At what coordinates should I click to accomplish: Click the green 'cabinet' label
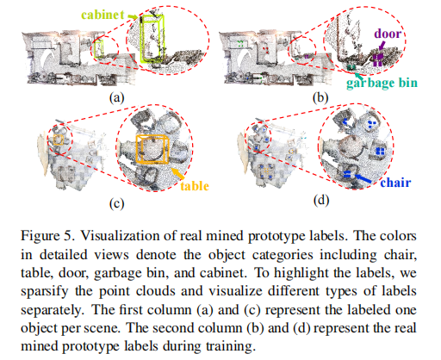pos(102,15)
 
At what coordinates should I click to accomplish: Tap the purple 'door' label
pos(388,34)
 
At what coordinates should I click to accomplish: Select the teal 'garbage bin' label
pos(382,84)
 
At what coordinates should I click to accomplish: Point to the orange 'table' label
pos(195,186)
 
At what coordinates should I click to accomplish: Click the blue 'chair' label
pos(395,183)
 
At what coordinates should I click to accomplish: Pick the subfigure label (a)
pos(116,97)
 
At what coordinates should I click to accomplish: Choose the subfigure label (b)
pos(320,97)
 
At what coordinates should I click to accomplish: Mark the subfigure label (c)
pos(116,203)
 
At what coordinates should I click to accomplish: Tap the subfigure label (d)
pos(321,200)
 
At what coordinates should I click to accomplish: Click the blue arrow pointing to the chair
pos(363,178)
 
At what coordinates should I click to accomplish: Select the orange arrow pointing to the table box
pos(177,173)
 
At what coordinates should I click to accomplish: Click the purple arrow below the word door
pos(382,46)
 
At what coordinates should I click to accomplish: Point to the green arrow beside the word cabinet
pos(133,17)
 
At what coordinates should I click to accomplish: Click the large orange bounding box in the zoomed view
pos(137,149)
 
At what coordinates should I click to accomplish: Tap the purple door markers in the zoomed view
pos(378,59)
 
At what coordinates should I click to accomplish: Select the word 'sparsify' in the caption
pos(44,292)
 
